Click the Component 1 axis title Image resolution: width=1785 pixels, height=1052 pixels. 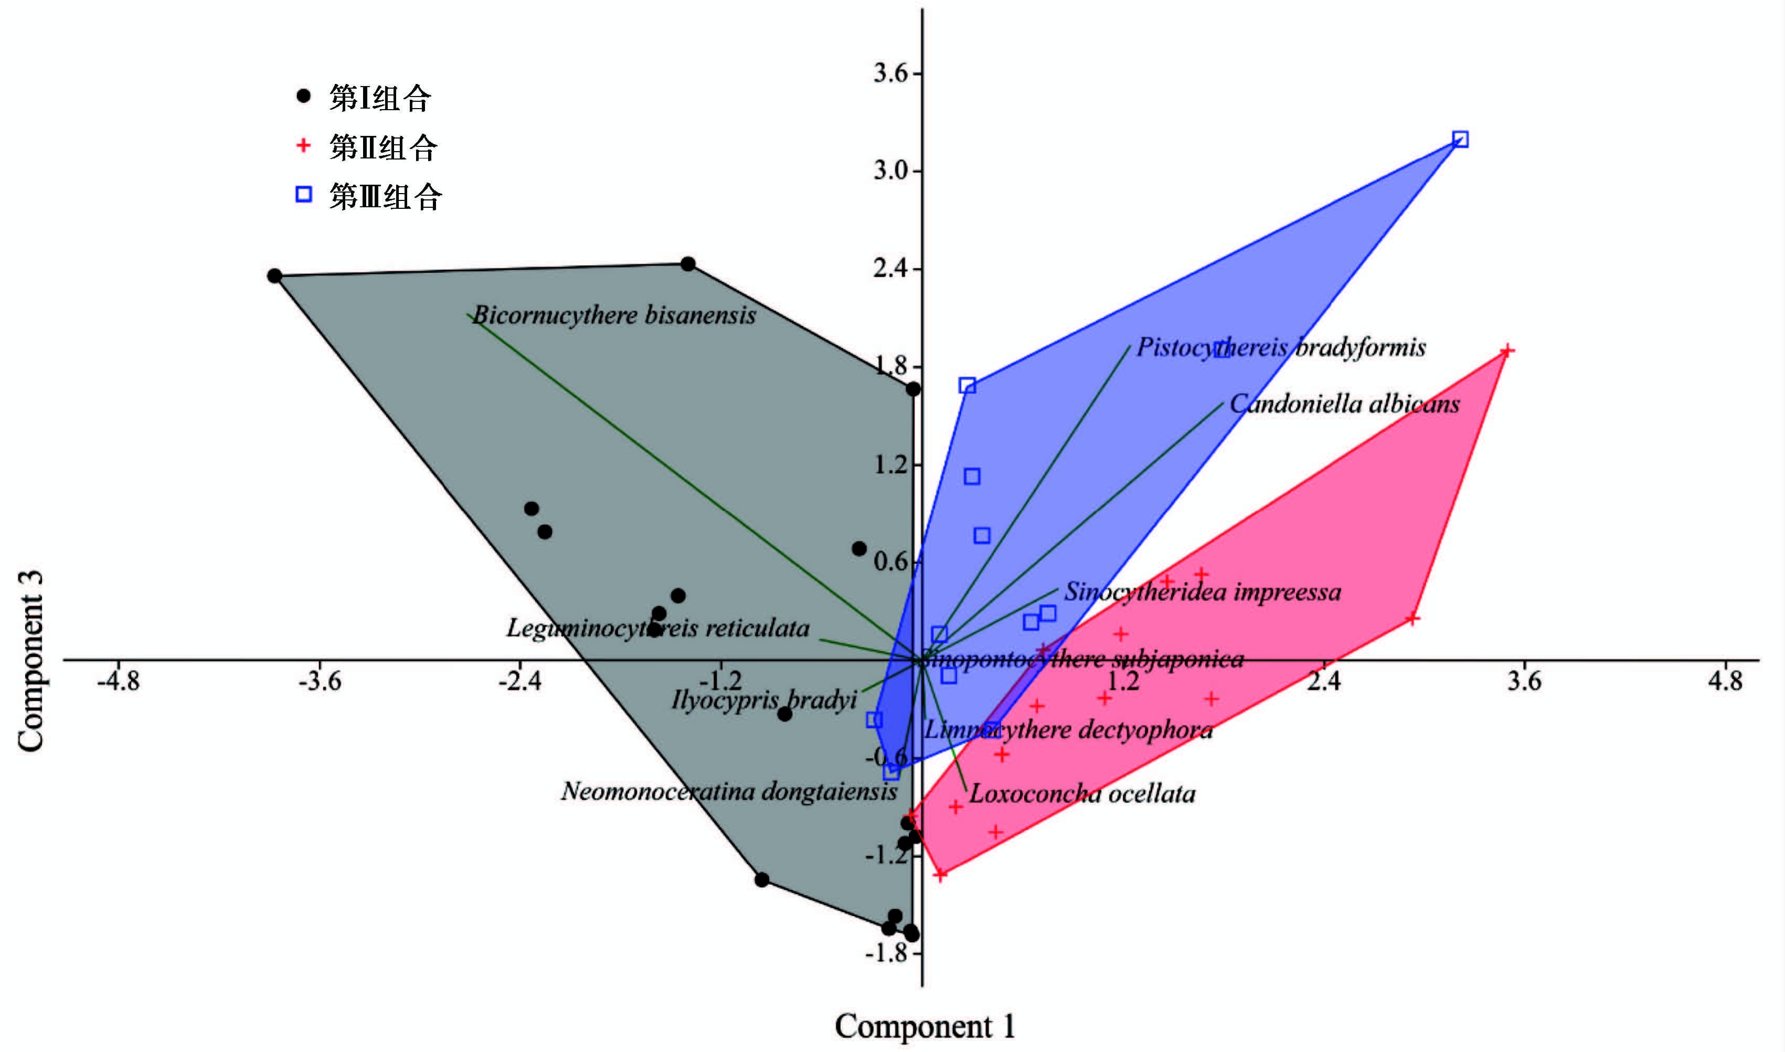click(925, 1026)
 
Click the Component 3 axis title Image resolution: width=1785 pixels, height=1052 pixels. click(31, 660)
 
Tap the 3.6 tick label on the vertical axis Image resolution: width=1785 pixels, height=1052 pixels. click(890, 73)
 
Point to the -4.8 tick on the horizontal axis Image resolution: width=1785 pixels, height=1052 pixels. click(119, 681)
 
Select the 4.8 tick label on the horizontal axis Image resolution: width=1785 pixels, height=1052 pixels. click(1725, 681)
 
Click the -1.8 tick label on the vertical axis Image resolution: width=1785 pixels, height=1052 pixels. click(886, 952)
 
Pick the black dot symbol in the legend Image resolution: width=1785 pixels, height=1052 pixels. click(303, 97)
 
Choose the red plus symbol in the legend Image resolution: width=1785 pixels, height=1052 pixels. click(303, 145)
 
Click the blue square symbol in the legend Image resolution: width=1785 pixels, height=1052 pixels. click(303, 194)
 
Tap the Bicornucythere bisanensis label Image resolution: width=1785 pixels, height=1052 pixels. click(614, 315)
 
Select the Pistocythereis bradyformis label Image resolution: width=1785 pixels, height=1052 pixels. click(1281, 347)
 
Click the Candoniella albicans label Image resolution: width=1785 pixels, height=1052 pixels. click(1344, 404)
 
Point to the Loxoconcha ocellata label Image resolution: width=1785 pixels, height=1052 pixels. click(1082, 793)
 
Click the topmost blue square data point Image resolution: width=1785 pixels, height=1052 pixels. click(1460, 139)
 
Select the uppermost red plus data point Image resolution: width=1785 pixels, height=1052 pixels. click(1507, 350)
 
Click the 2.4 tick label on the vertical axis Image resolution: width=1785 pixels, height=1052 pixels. click(890, 269)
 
